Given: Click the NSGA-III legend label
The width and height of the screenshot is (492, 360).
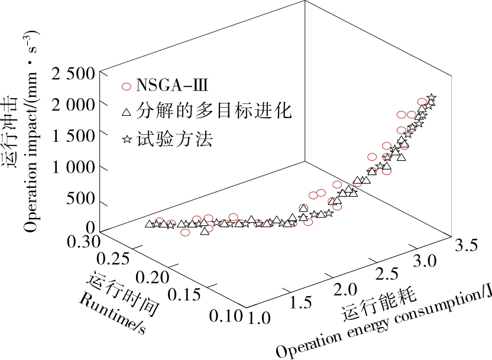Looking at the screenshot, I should click(x=172, y=86).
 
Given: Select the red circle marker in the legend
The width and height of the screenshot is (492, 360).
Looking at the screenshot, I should click(x=125, y=86).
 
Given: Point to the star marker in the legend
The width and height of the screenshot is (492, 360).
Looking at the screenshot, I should click(x=125, y=140).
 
